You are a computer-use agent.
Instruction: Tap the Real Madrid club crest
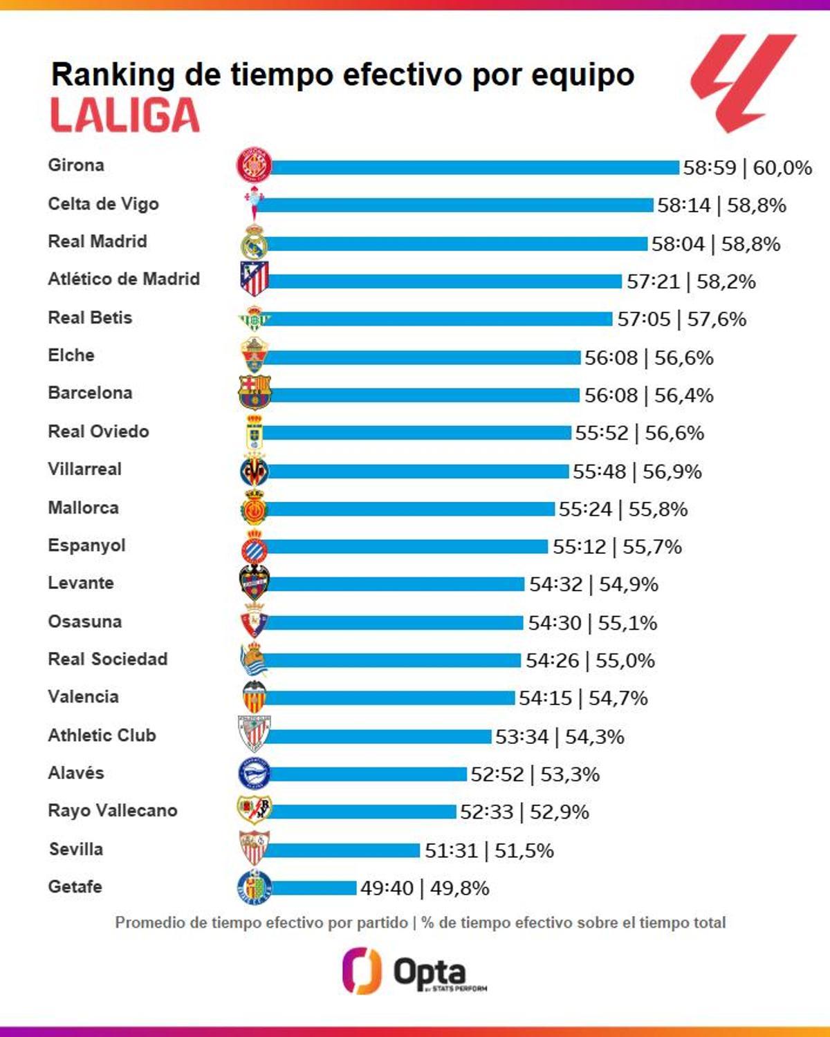click(254, 243)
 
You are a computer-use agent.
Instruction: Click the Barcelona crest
click(255, 393)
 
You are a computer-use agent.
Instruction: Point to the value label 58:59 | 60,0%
click(747, 168)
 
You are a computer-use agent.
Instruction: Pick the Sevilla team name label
click(76, 849)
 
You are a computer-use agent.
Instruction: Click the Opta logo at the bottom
click(415, 972)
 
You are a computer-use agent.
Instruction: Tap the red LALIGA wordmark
click(125, 115)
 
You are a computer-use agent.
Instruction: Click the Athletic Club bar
click(379, 736)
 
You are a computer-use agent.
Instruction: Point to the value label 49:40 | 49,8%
click(425, 888)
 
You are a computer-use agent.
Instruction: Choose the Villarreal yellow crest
click(254, 471)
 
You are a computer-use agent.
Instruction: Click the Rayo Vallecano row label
click(113, 810)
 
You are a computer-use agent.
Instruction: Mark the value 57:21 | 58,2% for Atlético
click(691, 281)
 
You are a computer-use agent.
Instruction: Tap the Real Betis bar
click(440, 319)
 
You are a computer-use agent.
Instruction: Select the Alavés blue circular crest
click(254, 774)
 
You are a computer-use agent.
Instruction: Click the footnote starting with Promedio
click(420, 923)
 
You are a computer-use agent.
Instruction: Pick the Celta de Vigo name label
click(103, 204)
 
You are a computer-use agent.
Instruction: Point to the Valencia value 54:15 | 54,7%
click(583, 698)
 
